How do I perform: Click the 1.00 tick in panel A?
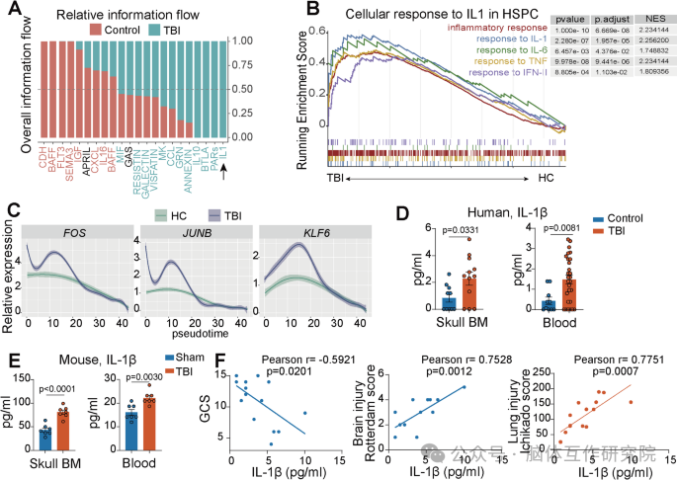pos(240,40)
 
